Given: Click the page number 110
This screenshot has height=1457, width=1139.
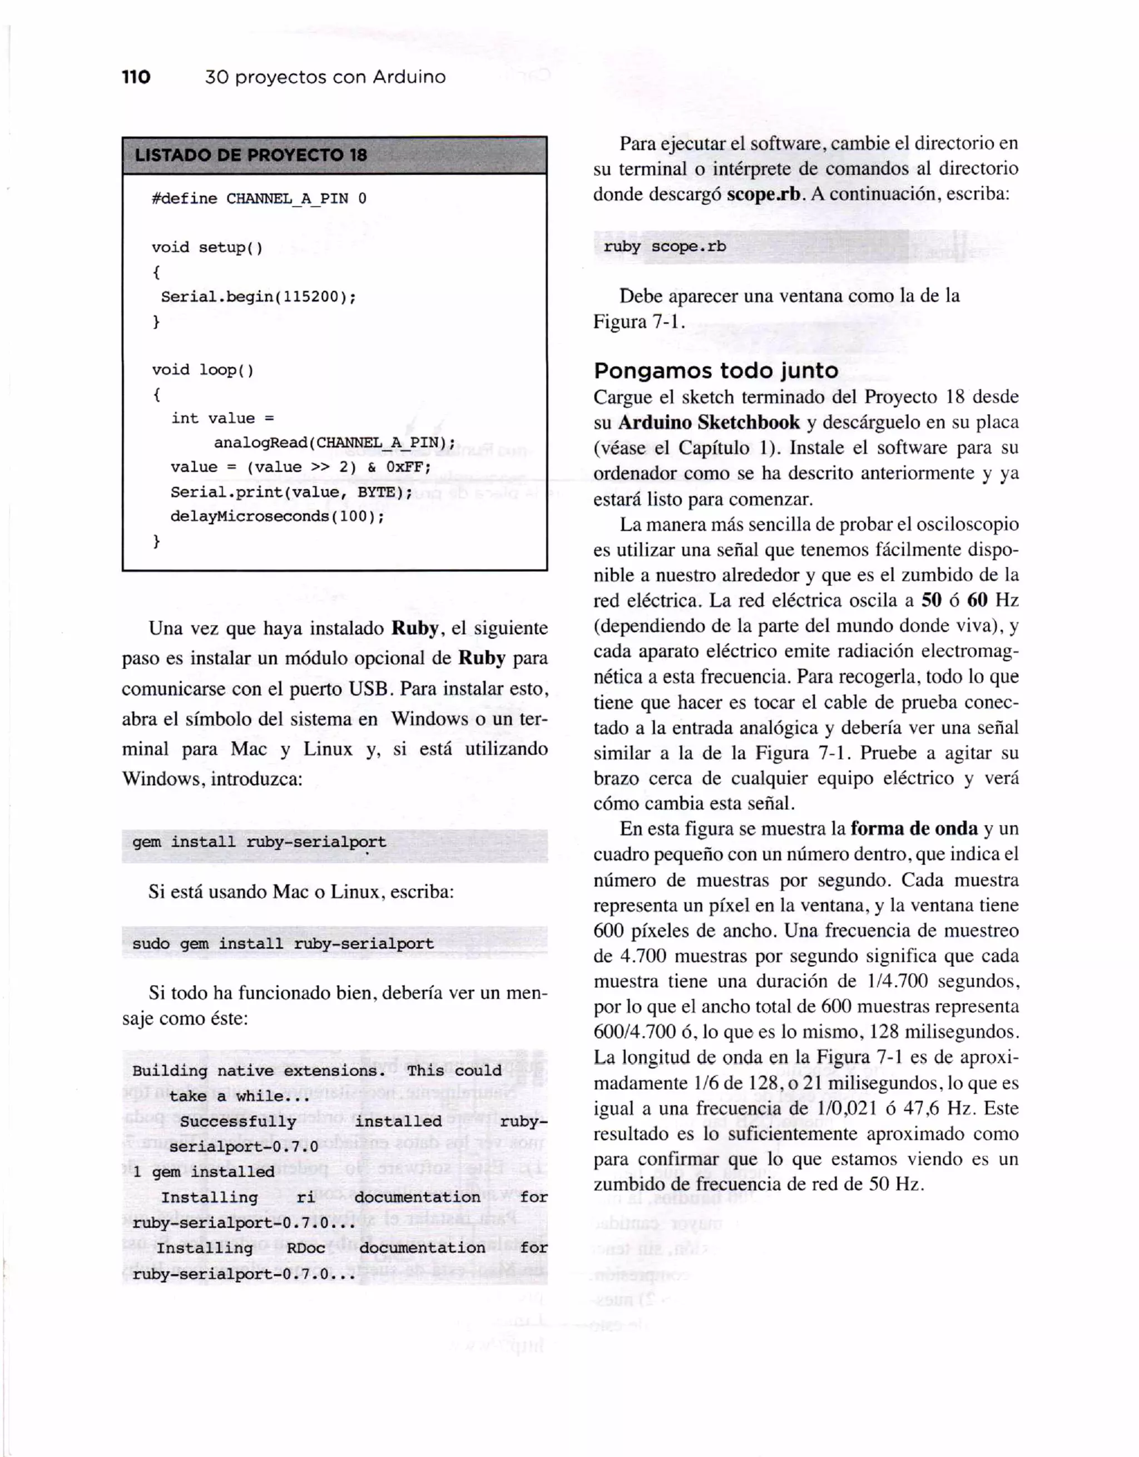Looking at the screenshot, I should [136, 77].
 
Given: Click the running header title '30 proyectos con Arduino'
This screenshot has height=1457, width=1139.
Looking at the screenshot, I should [325, 77].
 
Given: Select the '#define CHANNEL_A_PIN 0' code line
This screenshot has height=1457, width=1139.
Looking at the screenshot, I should [259, 199].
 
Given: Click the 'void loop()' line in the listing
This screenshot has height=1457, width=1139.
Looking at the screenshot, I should [203, 370].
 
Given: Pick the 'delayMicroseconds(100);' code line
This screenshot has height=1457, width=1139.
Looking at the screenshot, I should [278, 517].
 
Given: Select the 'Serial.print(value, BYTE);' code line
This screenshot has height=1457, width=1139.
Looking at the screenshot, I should [291, 493].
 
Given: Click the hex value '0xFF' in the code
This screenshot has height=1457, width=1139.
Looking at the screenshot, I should [408, 468].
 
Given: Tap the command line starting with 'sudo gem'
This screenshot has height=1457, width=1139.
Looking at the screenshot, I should [283, 944].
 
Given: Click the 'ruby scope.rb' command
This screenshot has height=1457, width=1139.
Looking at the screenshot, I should [665, 247].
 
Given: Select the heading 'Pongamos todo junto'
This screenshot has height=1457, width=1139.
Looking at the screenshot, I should [716, 371].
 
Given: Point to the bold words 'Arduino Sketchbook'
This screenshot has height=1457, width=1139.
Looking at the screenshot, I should [709, 423].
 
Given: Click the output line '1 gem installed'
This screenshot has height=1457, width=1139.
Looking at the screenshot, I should [204, 1172].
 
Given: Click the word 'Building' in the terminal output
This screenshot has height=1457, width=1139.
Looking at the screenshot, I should [170, 1071].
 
